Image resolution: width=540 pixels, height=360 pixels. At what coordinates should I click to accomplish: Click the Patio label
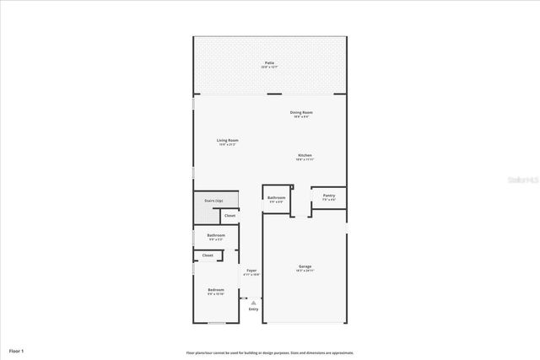coord(269,62)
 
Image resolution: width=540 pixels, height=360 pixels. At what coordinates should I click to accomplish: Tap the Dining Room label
coord(302,112)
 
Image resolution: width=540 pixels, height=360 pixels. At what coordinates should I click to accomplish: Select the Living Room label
coord(228,140)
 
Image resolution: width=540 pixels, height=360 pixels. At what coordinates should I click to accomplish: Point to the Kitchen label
coord(305,155)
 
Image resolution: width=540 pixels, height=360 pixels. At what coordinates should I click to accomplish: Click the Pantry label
coord(329,196)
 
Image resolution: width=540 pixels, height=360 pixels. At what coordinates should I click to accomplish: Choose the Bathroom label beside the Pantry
coord(277,197)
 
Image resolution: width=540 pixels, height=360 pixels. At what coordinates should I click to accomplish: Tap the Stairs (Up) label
coord(213,201)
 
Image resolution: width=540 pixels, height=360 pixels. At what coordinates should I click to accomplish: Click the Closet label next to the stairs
coord(229,216)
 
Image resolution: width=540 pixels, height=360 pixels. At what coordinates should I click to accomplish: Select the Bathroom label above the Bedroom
coord(216,235)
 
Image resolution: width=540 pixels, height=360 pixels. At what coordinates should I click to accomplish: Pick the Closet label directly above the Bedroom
coord(208,255)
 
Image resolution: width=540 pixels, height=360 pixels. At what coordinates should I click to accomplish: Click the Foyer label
coord(251,271)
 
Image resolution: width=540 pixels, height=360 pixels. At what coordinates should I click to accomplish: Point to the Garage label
coord(305,267)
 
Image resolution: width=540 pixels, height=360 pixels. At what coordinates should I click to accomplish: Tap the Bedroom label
coord(216,290)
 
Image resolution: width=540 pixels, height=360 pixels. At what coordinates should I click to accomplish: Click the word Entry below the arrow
coord(253,309)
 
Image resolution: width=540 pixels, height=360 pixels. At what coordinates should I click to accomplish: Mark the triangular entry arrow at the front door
coord(253,302)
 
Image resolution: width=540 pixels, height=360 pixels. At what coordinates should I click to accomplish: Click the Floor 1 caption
coord(17,350)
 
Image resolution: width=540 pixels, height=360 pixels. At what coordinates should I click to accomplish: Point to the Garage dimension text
coord(305,271)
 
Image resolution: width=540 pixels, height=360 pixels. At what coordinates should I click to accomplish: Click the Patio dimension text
coord(269,67)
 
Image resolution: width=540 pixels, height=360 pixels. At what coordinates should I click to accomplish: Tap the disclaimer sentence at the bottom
coord(270,352)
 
